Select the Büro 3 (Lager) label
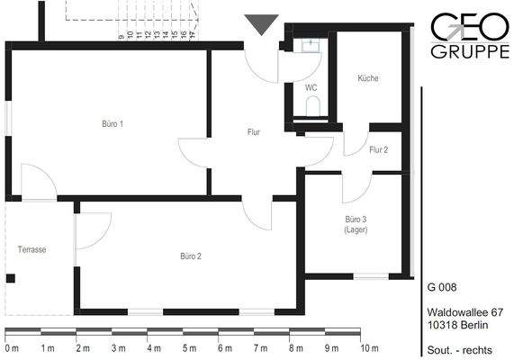tap(356, 224)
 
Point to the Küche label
tap(367, 78)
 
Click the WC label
tap(311, 88)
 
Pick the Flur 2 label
tap(378, 149)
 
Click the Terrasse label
tap(32, 249)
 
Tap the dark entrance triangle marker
tap(261, 25)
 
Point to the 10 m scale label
tap(370, 347)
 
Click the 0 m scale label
tap(12, 347)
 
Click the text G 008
tap(442, 286)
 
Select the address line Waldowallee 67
tap(465, 311)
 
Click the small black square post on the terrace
tap(11, 278)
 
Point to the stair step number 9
tap(121, 38)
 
